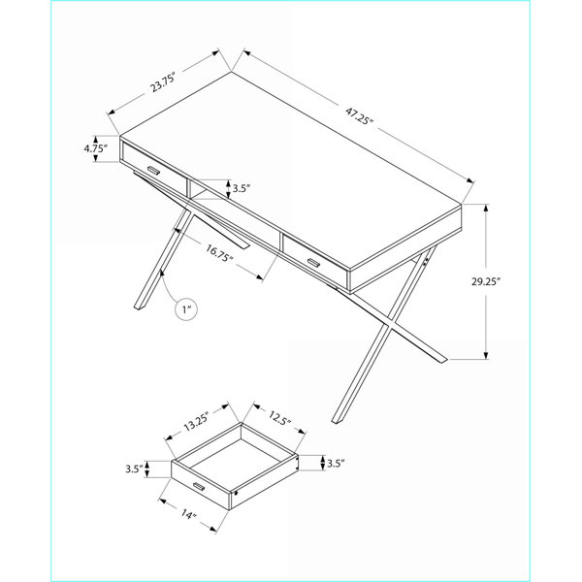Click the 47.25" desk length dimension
pos(359,115)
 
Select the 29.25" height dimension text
pos(486,281)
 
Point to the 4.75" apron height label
pos(95,148)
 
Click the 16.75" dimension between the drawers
pos(219,253)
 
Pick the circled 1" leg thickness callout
pos(186,308)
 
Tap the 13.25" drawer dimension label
pos(197,422)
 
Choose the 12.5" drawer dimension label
pos(279,418)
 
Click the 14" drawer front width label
pos(188,514)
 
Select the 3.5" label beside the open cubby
pos(242,188)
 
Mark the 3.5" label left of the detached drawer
pos(134,469)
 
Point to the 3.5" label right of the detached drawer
pos(336,464)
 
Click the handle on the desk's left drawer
pos(153,170)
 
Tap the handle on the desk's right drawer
pos(313,263)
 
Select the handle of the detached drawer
pos(199,487)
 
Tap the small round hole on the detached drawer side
pos(236,494)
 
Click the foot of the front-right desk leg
pos(338,421)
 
